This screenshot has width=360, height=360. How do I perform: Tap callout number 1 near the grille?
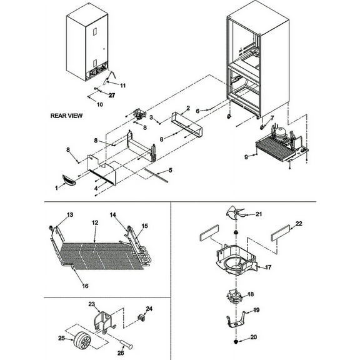tap(56, 187)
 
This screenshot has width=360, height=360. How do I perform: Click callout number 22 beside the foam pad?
tap(299, 224)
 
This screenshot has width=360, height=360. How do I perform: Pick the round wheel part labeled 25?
tap(82, 342)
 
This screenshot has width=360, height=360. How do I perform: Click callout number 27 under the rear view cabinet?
tap(112, 95)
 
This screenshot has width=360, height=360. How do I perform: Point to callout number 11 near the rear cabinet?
tap(122, 84)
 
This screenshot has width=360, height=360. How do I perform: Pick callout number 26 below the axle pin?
tap(120, 351)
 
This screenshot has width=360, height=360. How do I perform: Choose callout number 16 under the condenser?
tap(85, 286)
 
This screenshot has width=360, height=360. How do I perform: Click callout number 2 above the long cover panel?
tap(187, 109)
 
